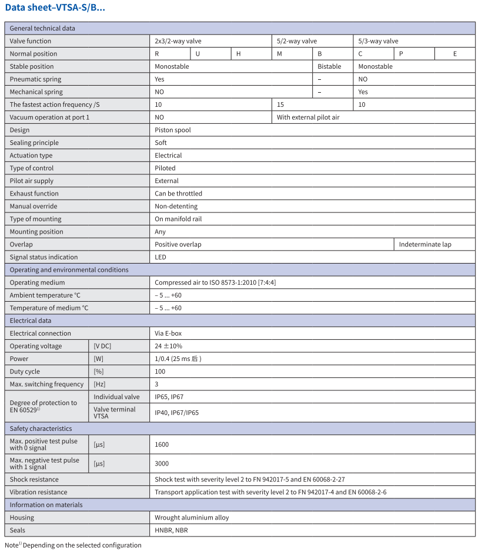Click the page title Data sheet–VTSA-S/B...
coord(55,8)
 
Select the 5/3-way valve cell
coord(378,41)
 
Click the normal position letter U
coord(198,54)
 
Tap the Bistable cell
coord(329,66)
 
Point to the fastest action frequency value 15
coord(280,104)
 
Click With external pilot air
coord(308,117)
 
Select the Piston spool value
coord(173,130)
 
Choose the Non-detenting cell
coord(176,206)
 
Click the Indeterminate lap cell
coord(425,244)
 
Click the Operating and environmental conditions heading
coord(69,270)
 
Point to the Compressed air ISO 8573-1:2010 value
coord(215,282)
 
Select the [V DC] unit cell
coord(102,346)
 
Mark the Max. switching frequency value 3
coord(157,384)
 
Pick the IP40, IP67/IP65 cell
coord(176,413)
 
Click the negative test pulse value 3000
coord(162,463)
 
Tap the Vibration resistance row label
coord(38,492)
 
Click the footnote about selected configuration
coord(73,545)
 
